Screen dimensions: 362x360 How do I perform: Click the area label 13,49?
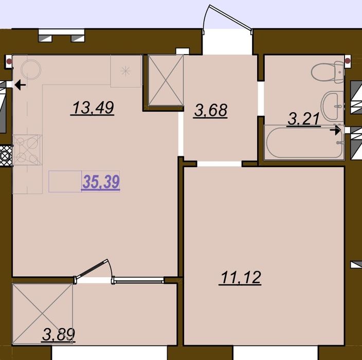(x=93, y=108)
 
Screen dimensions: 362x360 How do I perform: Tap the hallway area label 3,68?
(x=210, y=110)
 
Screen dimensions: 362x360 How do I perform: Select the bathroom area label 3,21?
(x=304, y=119)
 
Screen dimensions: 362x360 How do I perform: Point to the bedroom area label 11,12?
(x=241, y=277)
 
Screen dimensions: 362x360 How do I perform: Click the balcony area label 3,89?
(x=59, y=334)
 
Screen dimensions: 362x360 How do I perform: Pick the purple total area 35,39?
(x=101, y=182)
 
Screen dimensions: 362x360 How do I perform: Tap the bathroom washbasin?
(x=333, y=105)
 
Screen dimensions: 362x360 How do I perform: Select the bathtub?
(x=304, y=142)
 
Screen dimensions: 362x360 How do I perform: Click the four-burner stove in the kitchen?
(x=27, y=150)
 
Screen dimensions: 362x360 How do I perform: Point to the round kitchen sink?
(x=31, y=69)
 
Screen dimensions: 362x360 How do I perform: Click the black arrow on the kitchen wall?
(x=21, y=85)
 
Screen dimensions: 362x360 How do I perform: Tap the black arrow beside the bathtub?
(x=335, y=131)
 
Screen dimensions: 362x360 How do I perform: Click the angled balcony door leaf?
(x=92, y=268)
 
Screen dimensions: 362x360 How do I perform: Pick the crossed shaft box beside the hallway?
(x=166, y=80)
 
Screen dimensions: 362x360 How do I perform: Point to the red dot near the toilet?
(x=348, y=61)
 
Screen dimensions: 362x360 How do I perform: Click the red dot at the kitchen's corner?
(x=9, y=61)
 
